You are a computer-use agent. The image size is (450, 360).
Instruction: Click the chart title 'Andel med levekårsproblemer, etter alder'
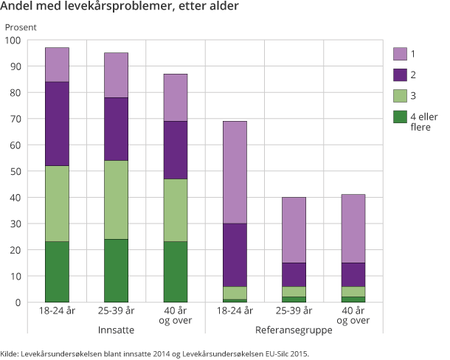(120, 8)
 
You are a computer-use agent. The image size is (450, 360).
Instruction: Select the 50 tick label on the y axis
(15, 171)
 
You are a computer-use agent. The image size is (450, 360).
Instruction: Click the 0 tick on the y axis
(18, 302)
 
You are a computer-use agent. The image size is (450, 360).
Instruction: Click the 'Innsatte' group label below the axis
(116, 330)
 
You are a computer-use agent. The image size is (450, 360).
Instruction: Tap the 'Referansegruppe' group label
(294, 330)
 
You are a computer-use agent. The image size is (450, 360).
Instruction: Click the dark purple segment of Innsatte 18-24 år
(57, 123)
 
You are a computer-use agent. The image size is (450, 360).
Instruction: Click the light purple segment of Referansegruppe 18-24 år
(235, 172)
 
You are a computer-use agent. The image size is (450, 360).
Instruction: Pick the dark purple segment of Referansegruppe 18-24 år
(235, 255)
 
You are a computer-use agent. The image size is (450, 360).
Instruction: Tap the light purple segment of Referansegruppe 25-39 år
(294, 229)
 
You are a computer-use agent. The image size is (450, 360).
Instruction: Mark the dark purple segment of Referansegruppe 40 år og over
(353, 274)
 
